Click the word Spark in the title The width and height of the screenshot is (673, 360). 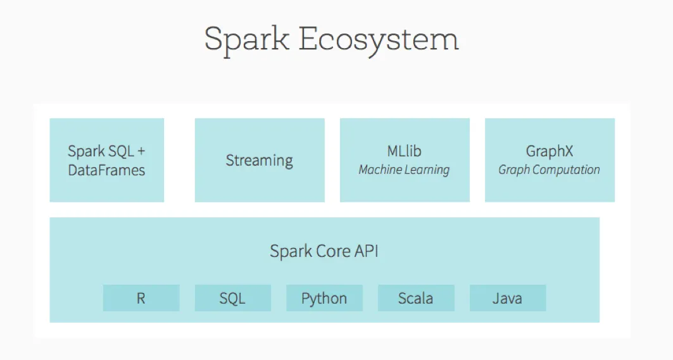pos(247,40)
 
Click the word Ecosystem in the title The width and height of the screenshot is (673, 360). pos(379,40)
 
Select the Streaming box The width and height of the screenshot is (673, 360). pos(260,160)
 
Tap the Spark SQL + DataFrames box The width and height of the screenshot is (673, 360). pos(106,160)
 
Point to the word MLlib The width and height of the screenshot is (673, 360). pos(404,152)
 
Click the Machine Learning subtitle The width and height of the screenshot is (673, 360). pos(404,170)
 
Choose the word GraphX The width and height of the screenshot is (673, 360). pos(549,152)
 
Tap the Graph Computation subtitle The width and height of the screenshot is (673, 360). pos(549,170)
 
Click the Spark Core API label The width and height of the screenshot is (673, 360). pos(324,251)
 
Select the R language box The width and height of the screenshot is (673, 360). pos(141,298)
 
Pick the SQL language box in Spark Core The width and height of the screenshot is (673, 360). pos(232,298)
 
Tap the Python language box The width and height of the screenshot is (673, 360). pos(324,298)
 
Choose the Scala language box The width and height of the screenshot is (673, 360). pos(416,298)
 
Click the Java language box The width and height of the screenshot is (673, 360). pos(507,298)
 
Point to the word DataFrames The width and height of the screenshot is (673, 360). pos(106,170)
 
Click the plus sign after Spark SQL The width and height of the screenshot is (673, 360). pos(141,152)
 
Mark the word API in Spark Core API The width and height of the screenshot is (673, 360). pos(365,251)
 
